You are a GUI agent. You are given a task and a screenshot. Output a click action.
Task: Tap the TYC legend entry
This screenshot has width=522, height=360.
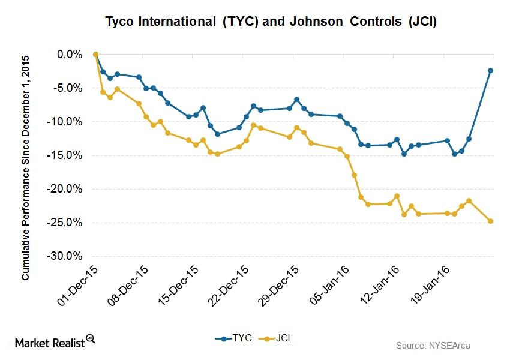point(232,339)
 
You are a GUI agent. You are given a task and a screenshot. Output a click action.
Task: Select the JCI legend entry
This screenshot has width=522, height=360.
point(275,339)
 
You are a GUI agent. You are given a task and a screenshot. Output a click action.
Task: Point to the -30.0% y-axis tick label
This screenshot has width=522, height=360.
point(67,256)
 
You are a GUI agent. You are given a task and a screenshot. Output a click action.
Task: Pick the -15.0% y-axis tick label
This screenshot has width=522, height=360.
point(67,155)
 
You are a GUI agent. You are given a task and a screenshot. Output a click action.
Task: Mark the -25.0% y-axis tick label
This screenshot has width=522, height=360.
point(67,223)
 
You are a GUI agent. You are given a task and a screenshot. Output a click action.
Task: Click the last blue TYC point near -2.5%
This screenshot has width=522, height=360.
point(490,71)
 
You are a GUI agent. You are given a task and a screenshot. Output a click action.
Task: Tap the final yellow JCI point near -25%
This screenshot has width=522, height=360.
point(490,221)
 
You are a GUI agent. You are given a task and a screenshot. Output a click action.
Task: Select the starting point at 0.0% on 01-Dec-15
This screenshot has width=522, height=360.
point(95,54)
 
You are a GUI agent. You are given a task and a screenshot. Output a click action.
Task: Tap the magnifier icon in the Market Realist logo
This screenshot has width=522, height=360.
point(91,338)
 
